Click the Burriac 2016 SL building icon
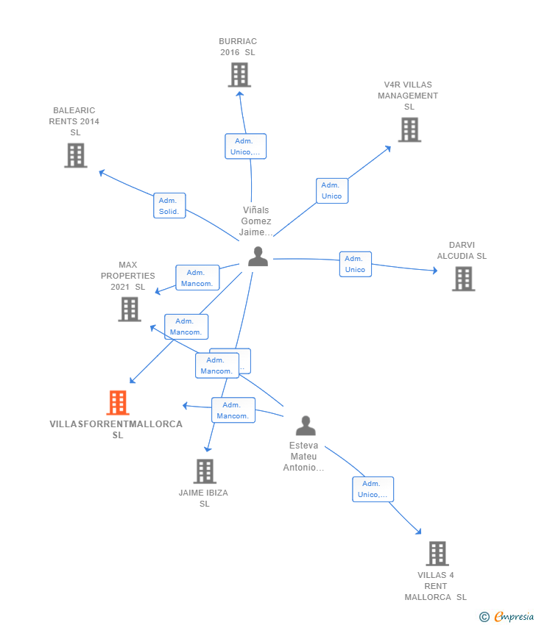(x=239, y=75)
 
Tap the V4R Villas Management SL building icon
(x=409, y=130)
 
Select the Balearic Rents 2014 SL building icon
(x=75, y=155)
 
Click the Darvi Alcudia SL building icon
(x=463, y=279)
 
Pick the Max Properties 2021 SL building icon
(x=130, y=310)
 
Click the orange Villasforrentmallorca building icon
(x=118, y=403)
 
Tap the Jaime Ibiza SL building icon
(x=205, y=471)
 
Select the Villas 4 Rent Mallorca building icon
(x=437, y=554)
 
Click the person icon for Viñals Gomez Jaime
(x=258, y=257)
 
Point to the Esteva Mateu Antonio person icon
(x=306, y=426)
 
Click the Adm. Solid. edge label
(x=169, y=206)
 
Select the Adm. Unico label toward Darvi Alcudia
(x=355, y=264)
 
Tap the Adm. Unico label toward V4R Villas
(x=331, y=190)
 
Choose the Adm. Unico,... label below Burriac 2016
(x=245, y=146)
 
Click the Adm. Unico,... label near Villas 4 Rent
(x=373, y=489)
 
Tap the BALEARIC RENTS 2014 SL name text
(x=74, y=121)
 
